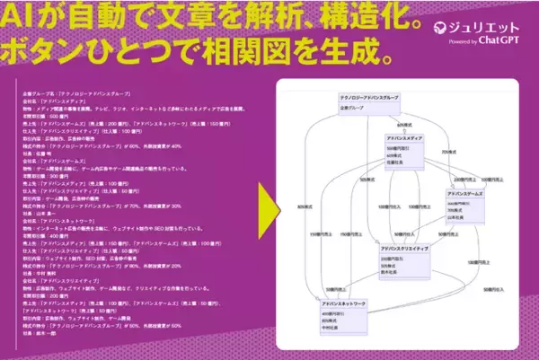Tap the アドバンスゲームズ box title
[468, 195]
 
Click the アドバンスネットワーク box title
[344, 305]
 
